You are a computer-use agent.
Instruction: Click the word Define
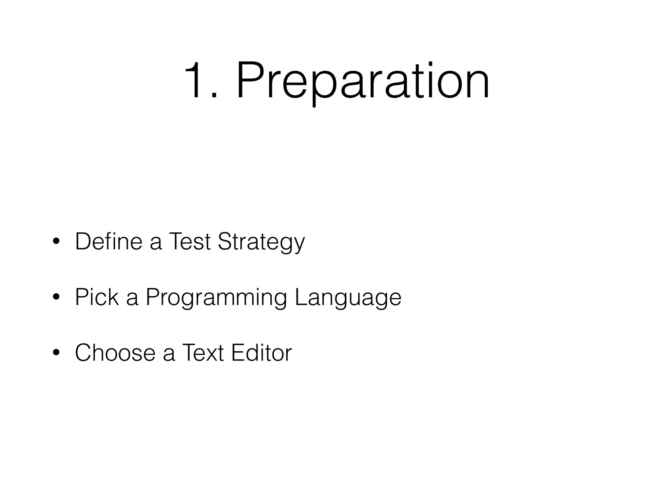click(108, 241)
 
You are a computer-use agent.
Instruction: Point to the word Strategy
click(261, 243)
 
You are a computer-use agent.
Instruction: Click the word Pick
click(97, 297)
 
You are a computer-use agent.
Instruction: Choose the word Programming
click(216, 298)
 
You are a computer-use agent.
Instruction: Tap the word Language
click(348, 298)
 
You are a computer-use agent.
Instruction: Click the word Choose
click(115, 353)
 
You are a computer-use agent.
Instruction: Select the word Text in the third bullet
click(202, 353)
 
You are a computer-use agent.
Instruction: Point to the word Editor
click(261, 353)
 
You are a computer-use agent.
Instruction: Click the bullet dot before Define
click(56, 242)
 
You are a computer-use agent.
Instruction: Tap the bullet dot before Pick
click(56, 298)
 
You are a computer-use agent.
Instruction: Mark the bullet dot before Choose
click(56, 353)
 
